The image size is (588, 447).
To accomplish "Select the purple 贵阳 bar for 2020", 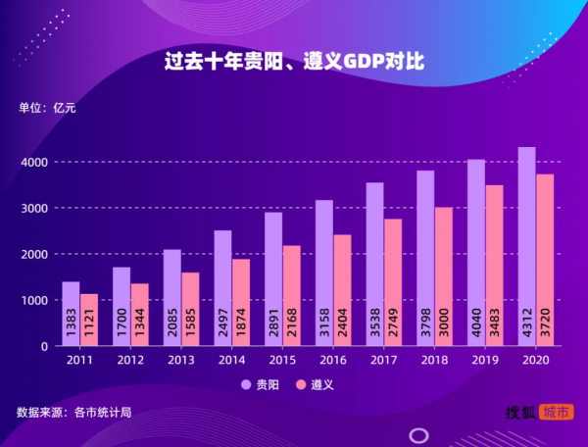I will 526,245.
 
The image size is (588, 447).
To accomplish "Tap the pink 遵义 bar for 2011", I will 89,320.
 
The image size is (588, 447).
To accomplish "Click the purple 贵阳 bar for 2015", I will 273,278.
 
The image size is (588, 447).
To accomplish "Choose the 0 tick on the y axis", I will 43,346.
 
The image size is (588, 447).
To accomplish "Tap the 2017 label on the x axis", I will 383,361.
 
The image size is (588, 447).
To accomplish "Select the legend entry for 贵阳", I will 261,385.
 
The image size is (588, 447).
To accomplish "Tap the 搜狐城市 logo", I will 539,413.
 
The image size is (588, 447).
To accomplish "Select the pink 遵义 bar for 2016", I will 342,290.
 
